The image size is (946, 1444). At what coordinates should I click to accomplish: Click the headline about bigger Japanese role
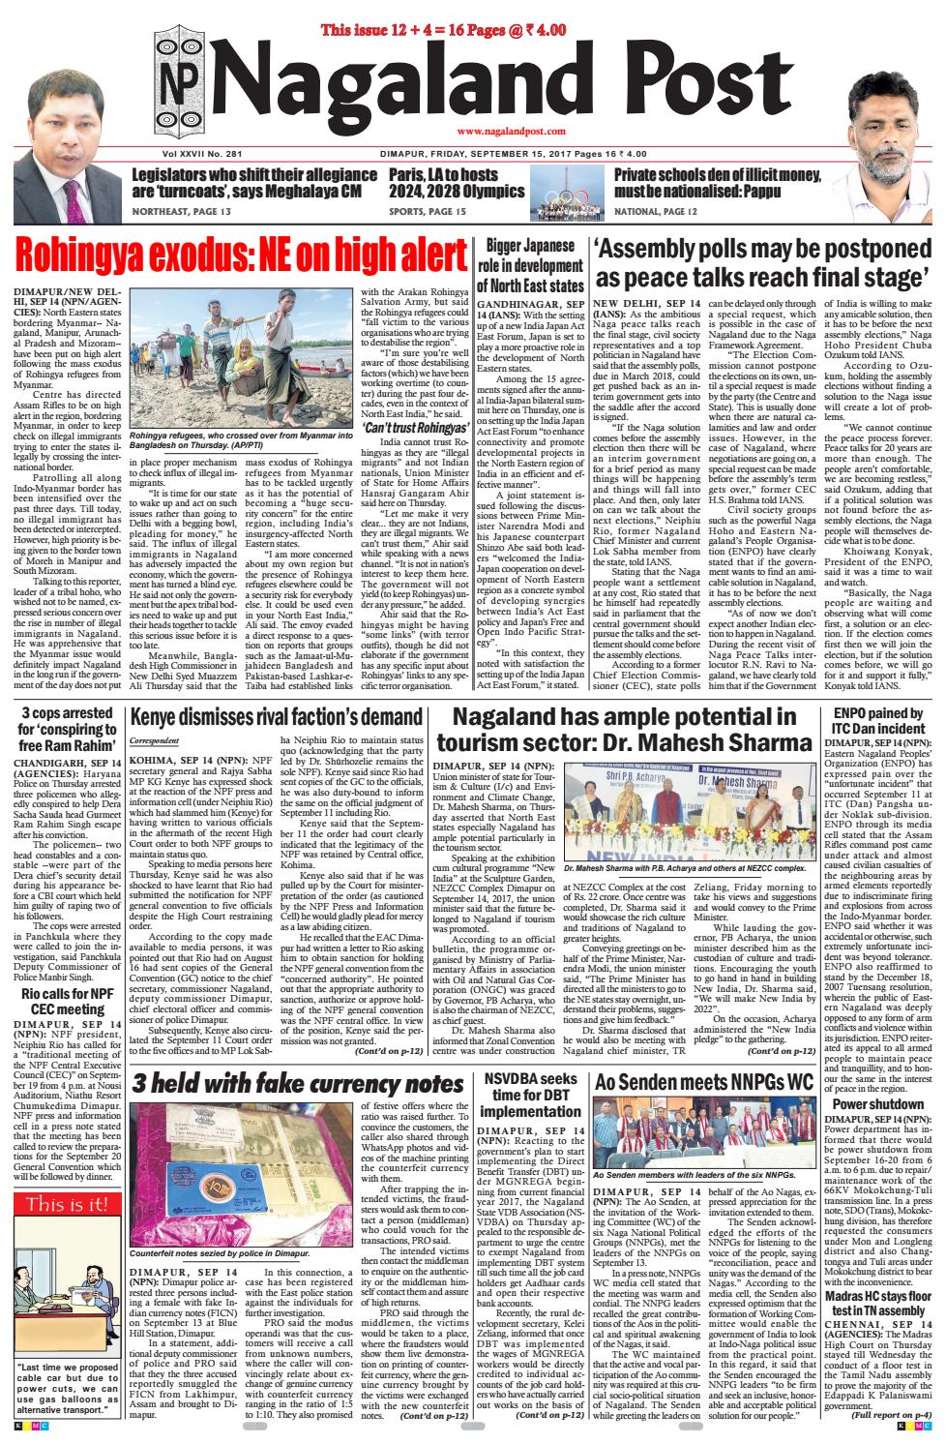[x=534, y=262]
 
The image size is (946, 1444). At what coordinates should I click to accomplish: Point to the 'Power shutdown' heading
[x=876, y=1103]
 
